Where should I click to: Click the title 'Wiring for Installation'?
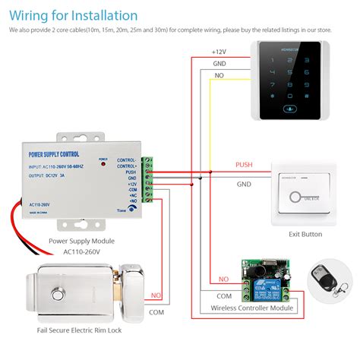74,15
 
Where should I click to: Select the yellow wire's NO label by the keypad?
219,76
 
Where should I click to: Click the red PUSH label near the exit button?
244,163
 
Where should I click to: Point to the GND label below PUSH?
244,184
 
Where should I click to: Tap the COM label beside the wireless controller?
225,295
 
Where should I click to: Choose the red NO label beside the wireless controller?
223,279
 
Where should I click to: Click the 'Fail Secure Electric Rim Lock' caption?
80,332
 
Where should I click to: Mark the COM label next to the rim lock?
156,311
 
